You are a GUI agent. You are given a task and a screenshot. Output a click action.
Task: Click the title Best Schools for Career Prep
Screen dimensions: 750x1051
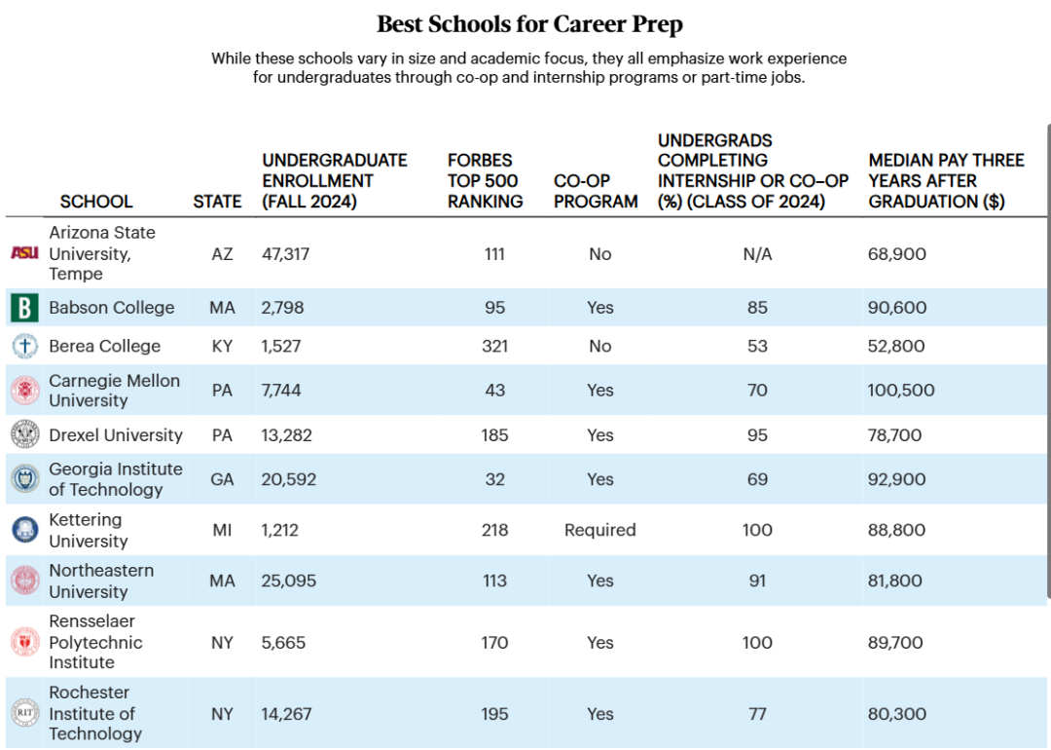point(530,23)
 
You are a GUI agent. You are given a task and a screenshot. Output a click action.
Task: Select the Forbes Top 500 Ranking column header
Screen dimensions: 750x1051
point(485,181)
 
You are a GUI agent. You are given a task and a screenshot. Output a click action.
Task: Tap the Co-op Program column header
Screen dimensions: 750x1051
point(596,191)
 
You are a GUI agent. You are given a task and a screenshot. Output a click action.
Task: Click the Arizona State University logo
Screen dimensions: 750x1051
point(24,253)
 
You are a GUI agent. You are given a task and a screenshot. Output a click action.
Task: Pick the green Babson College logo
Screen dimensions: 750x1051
point(24,308)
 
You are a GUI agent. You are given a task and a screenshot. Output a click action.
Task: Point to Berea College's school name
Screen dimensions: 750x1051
point(105,346)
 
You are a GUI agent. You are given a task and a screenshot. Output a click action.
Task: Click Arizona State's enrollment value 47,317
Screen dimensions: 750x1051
point(285,254)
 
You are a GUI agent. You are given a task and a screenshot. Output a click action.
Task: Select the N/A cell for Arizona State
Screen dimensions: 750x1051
point(757,254)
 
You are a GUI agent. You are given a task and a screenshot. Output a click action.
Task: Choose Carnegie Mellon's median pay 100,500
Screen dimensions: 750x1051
point(901,391)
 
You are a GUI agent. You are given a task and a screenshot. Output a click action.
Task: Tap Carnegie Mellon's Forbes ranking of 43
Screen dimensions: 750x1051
point(494,391)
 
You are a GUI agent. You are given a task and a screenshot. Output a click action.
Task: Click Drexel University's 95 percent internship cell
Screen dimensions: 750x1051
point(757,435)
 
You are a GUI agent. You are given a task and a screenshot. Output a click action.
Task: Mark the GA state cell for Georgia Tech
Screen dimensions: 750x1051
point(222,479)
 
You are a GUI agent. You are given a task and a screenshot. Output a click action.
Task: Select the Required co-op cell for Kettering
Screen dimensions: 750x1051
point(599,530)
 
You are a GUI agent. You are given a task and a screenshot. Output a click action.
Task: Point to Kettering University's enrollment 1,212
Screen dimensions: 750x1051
point(279,530)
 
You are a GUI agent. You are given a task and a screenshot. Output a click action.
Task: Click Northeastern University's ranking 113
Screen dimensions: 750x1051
point(494,581)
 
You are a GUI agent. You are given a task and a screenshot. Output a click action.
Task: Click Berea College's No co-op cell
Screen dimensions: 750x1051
point(599,346)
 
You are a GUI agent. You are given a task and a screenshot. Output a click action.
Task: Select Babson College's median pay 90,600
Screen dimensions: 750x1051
point(897,308)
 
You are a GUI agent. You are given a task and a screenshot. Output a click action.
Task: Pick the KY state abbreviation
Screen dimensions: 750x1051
point(222,346)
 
